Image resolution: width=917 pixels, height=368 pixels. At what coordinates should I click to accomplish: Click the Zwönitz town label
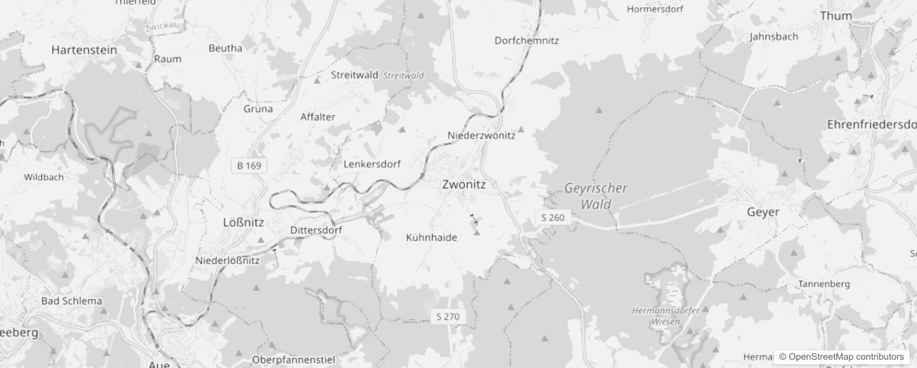(464, 184)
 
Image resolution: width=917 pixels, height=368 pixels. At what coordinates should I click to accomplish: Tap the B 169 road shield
(249, 166)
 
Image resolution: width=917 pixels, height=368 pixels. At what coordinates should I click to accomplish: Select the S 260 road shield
(553, 218)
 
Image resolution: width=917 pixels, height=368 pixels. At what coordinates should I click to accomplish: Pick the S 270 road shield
(448, 316)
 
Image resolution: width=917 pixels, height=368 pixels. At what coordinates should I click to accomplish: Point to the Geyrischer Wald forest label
(595, 196)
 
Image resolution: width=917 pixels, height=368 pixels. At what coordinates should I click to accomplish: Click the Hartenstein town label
(84, 50)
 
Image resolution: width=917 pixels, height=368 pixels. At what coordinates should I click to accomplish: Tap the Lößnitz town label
(243, 223)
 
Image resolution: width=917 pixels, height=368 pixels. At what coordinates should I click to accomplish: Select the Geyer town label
(763, 212)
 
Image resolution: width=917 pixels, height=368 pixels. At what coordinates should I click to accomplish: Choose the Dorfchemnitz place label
(526, 40)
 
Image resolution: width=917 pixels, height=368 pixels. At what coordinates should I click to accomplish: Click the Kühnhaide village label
(431, 238)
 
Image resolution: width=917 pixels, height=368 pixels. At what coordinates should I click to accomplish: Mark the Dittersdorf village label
(316, 230)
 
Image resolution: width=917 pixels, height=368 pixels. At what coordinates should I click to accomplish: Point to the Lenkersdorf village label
(372, 164)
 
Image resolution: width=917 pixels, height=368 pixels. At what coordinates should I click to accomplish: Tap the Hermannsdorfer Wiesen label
(666, 316)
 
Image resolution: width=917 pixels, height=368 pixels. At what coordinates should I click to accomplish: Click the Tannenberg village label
(824, 284)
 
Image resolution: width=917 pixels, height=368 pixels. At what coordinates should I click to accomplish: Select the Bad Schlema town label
(72, 301)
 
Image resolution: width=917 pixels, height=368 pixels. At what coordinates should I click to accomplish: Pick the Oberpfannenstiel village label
(294, 360)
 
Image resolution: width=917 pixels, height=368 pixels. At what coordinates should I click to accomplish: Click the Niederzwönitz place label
(481, 135)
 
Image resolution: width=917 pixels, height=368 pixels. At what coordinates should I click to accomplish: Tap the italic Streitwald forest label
(403, 75)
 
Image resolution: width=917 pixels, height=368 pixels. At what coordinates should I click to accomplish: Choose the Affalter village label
(318, 117)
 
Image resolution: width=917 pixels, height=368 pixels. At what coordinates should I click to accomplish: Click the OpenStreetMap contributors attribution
(841, 356)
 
